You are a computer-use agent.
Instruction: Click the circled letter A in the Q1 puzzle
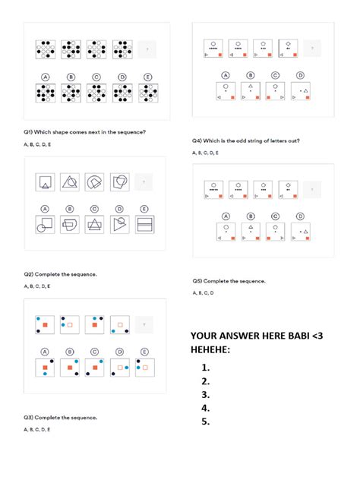(x=45, y=76)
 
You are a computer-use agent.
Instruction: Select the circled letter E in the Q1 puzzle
(x=144, y=76)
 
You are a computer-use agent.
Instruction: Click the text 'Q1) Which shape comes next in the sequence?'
(x=84, y=132)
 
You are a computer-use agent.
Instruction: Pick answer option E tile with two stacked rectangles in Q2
(x=144, y=225)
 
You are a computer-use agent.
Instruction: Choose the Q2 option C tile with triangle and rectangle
(x=95, y=225)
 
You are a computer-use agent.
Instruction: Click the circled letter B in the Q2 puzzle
(x=70, y=208)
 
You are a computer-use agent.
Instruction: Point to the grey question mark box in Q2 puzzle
(x=144, y=182)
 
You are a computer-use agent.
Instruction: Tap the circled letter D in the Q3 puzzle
(x=119, y=352)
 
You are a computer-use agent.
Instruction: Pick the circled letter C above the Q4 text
(x=276, y=75)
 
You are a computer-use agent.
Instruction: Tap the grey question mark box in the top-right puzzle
(x=312, y=49)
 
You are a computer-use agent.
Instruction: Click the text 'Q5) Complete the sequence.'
(x=229, y=280)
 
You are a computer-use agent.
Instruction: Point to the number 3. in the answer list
(x=205, y=395)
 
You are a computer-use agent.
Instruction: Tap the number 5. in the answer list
(x=205, y=422)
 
